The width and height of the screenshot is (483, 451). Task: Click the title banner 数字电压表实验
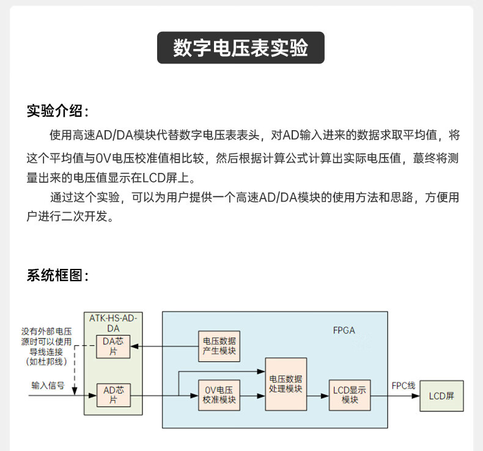coord(240,48)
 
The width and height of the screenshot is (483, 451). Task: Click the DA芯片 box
coord(113,346)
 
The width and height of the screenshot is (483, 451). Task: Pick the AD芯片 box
coord(113,395)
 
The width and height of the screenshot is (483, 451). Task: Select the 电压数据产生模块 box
coord(219,346)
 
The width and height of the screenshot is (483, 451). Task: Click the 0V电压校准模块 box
coord(219,395)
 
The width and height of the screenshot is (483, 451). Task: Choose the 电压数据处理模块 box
coord(286,384)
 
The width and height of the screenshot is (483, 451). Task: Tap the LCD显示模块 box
coord(350,395)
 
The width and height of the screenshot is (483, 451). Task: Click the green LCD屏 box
coord(441,396)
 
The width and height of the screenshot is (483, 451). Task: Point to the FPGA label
coord(344,331)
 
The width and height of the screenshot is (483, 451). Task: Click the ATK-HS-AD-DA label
coord(113,323)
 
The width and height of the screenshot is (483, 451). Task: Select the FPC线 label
coord(404,386)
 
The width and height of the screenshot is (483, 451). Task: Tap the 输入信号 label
coord(48,386)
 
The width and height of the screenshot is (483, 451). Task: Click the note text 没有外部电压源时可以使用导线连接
coord(46,342)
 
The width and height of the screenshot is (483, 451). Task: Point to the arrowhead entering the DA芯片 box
coord(134,346)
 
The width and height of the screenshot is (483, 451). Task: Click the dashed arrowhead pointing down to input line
coord(75,391)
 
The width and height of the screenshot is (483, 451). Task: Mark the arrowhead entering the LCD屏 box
coord(416,396)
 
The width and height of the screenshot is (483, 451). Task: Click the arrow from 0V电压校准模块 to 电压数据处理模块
coord(253,396)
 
